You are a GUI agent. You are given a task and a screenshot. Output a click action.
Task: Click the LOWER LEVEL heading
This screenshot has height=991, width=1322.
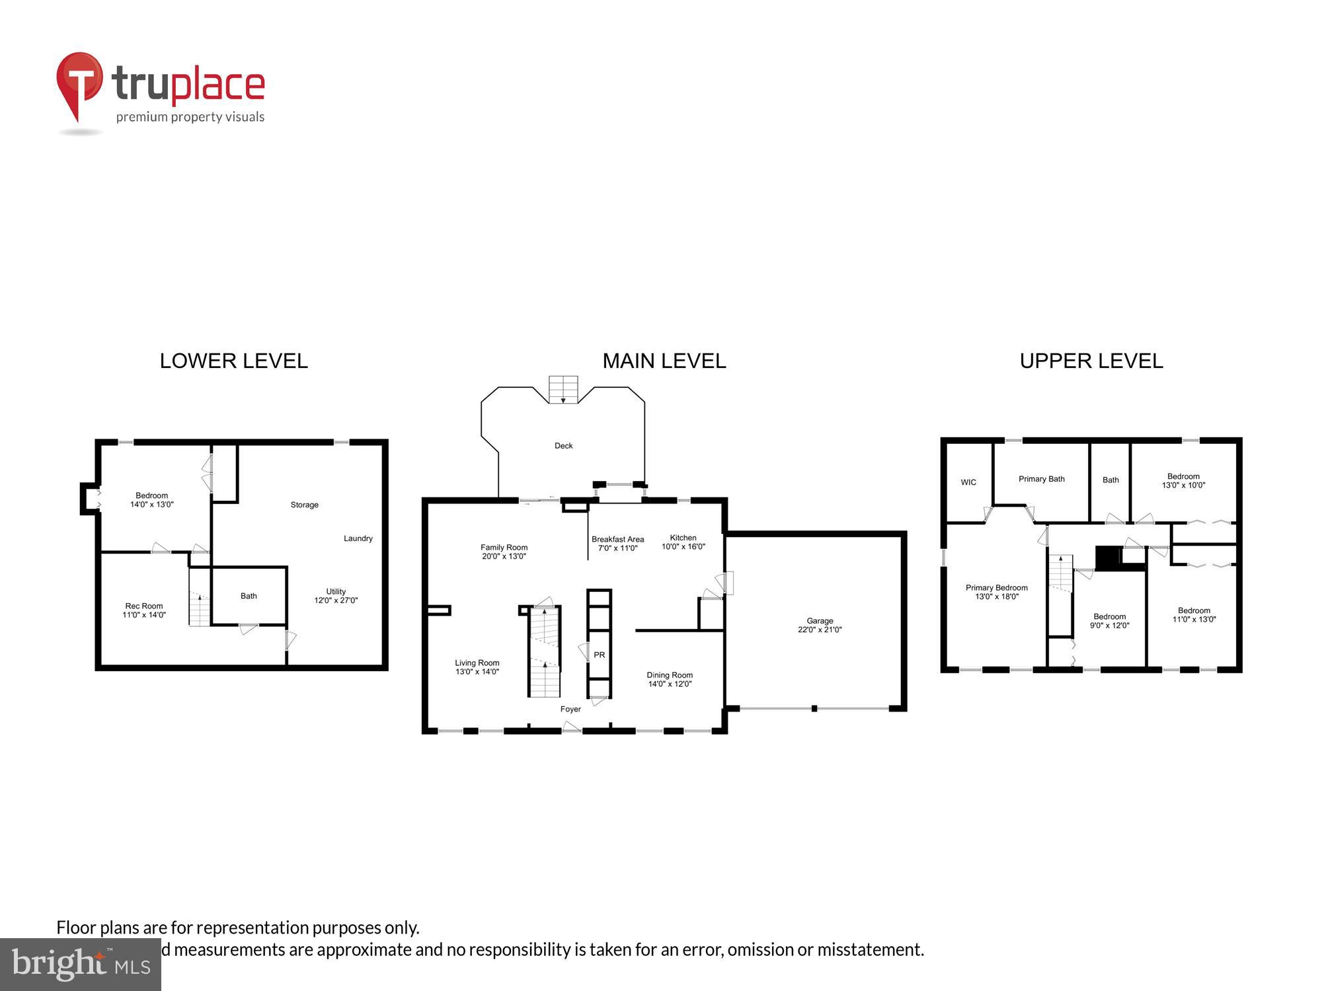pos(233,361)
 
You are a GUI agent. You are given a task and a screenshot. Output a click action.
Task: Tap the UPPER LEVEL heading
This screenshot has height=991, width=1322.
pos(1091,361)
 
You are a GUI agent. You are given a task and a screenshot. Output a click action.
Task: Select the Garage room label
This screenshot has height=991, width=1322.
pos(820,620)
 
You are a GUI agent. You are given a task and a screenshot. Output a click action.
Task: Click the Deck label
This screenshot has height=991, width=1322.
pos(563,446)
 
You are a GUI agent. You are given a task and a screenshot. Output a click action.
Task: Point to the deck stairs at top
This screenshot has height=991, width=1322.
pos(563,389)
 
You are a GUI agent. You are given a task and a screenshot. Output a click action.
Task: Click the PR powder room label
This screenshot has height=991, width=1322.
pos(599,655)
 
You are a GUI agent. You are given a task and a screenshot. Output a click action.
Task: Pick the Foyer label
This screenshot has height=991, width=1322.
pos(570,709)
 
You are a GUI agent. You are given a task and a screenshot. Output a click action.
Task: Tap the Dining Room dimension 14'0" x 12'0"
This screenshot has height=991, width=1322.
pos(670,684)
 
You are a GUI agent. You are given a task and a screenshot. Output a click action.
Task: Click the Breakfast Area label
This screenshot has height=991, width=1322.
pos(617,539)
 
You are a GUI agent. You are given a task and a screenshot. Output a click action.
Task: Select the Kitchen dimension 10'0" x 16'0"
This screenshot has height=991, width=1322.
pos(683,546)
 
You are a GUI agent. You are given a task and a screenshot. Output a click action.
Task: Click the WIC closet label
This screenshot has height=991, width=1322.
pos(968,482)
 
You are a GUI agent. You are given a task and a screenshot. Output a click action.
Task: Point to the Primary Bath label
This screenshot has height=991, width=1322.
pos(1041,479)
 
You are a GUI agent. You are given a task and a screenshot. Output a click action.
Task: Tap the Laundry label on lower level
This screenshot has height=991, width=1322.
pos(358,538)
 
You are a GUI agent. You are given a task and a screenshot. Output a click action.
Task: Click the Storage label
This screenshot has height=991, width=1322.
pos(304,505)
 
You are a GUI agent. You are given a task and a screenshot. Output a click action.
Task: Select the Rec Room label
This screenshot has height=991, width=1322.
pos(144,606)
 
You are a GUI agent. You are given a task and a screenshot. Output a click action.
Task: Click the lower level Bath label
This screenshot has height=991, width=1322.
pos(249,596)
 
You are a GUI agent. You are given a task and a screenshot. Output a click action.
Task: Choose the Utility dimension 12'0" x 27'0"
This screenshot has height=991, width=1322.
pos(336,601)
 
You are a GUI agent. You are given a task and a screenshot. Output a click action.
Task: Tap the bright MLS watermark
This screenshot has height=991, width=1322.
pos(80,965)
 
